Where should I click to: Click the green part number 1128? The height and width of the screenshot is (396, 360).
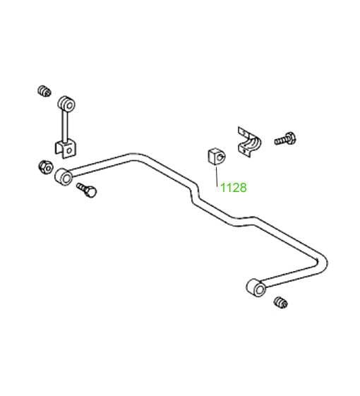coord(234,188)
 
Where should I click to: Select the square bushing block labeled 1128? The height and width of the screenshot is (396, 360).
coord(217,157)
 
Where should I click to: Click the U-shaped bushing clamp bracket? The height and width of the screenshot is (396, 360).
coord(249,143)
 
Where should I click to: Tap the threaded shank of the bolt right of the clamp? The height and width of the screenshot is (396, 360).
coord(280,140)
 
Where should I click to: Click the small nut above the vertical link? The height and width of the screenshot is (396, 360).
coord(44,91)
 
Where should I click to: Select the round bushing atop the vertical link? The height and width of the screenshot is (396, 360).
coord(66,104)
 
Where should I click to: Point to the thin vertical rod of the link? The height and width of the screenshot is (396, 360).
coord(65,127)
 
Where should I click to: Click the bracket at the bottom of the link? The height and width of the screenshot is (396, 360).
coord(66,150)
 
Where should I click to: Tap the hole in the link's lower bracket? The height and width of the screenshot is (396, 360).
coord(69,151)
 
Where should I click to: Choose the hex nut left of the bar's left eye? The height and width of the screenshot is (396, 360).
coord(46,167)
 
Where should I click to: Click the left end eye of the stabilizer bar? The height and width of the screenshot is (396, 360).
coord(64,177)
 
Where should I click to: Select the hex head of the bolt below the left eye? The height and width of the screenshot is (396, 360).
coord(91,192)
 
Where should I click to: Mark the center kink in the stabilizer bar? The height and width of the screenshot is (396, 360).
coord(195,193)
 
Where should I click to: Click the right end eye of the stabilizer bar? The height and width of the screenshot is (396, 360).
coord(256,288)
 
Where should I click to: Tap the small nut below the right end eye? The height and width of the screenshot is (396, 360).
coord(280,303)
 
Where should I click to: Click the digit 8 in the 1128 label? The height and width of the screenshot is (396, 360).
coord(243,188)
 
